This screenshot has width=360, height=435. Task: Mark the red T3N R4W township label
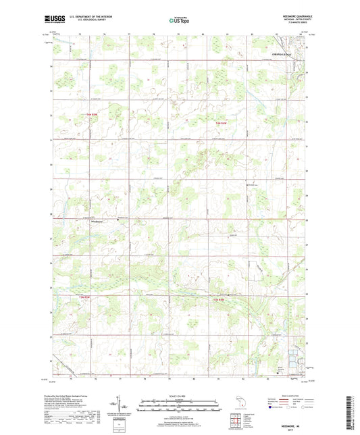click(220, 299)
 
